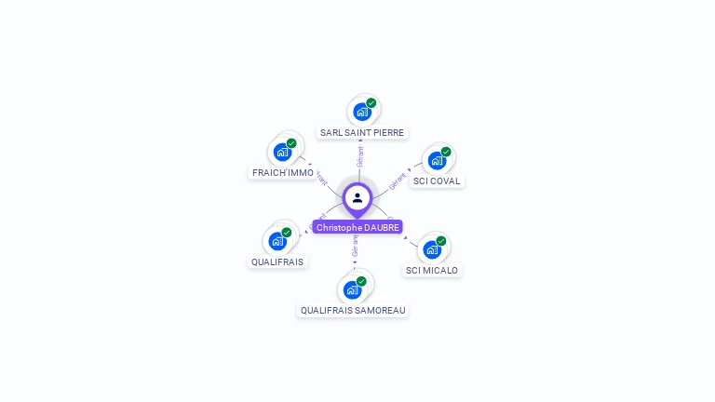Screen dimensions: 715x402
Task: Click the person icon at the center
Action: tap(357, 197)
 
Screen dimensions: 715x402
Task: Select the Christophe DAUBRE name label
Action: tap(357, 227)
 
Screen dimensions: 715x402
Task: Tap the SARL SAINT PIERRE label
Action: tap(362, 132)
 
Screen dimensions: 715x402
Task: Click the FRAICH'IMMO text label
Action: tap(283, 172)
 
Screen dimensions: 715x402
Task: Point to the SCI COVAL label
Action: tap(437, 181)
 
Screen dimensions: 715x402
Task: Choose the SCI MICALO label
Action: tap(432, 270)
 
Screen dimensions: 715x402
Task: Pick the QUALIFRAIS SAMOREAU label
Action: tap(353, 310)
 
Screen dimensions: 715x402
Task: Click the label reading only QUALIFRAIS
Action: tap(277, 261)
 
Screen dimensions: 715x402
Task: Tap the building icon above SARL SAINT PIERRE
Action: tap(361, 112)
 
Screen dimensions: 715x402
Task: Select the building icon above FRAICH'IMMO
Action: tap(282, 153)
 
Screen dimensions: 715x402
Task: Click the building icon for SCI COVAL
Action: tap(436, 160)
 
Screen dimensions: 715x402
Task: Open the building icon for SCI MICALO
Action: tap(431, 249)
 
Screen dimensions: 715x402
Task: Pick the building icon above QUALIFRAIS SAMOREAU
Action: tap(352, 289)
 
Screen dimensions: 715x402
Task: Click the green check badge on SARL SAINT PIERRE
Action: tap(371, 103)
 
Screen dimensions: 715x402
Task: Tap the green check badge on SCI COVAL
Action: tap(446, 152)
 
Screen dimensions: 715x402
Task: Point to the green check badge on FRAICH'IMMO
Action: tap(291, 143)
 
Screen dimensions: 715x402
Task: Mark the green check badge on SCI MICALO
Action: tap(441, 241)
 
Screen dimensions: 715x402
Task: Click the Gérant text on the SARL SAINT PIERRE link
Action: tap(360, 156)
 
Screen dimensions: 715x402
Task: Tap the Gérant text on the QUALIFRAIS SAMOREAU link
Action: tap(355, 246)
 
